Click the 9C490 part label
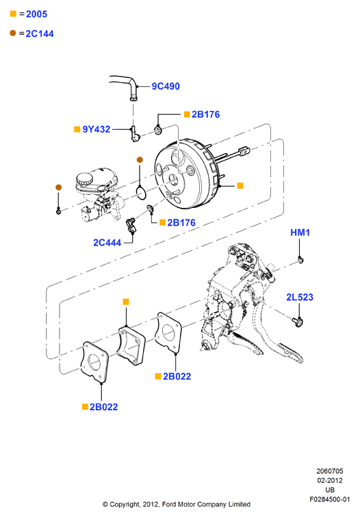(x=166, y=86)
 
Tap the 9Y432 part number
(x=97, y=129)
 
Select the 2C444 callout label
(x=107, y=243)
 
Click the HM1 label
(x=300, y=232)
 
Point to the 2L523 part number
(x=300, y=297)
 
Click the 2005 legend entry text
(x=36, y=14)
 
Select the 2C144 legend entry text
(x=40, y=34)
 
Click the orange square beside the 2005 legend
(x=13, y=14)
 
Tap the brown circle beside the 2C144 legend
(x=13, y=33)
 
